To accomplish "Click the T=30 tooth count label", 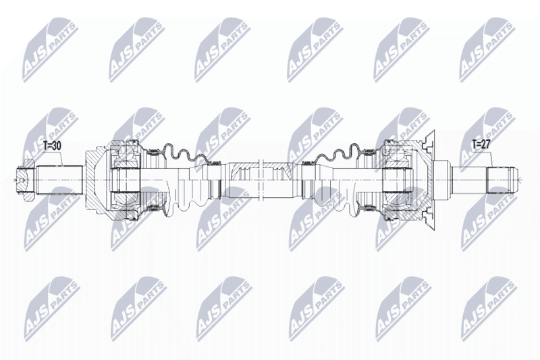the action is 52,146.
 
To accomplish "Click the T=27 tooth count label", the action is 481,145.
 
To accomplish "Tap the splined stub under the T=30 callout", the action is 60,180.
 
